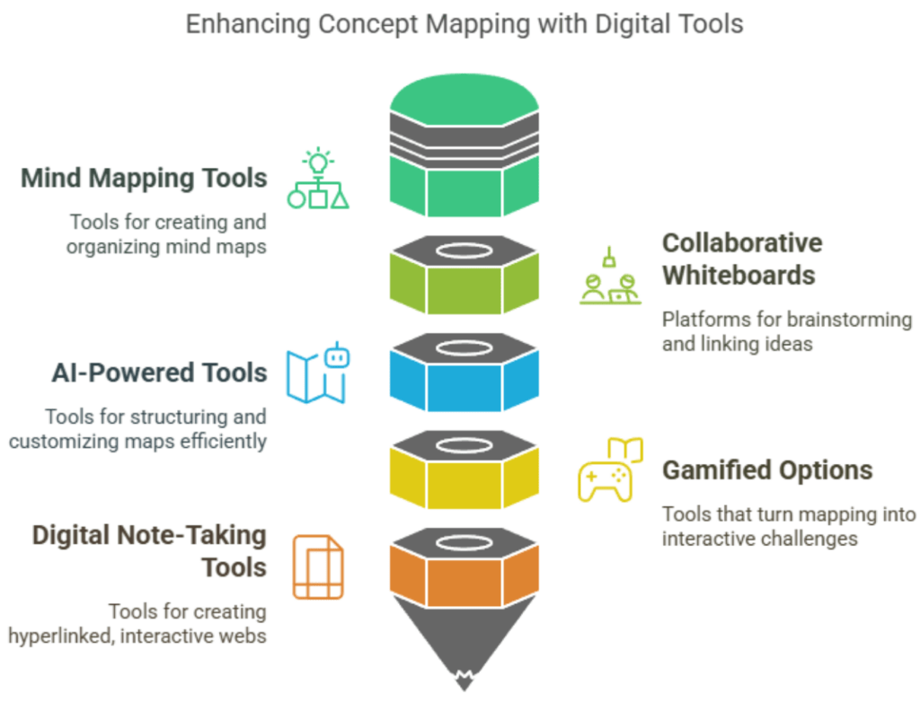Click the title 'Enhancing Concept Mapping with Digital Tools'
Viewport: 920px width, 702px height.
tap(464, 24)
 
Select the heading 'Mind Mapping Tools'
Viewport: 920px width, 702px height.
tap(144, 178)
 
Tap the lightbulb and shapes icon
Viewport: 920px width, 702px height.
tap(318, 180)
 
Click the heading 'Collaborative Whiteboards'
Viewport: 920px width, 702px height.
tap(741, 259)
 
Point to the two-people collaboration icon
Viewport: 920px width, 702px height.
tap(610, 280)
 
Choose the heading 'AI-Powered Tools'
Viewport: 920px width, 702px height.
tap(159, 373)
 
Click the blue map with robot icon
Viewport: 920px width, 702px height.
tap(318, 373)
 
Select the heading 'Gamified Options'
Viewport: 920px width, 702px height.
tap(766, 469)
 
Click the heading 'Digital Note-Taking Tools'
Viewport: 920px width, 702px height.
tap(149, 551)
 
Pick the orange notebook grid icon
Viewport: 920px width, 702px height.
tap(318, 566)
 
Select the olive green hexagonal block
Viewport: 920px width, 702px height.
tap(464, 283)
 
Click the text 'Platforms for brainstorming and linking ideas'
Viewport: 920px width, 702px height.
tap(786, 331)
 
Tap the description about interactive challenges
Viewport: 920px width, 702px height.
tap(788, 526)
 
